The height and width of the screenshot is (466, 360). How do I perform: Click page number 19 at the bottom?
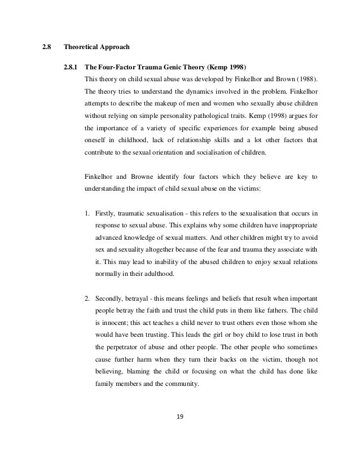tap(180, 418)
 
